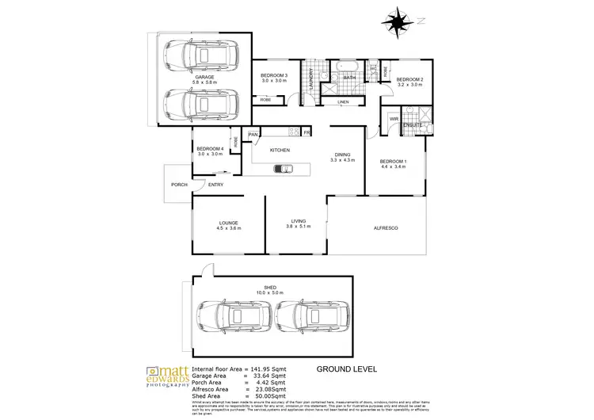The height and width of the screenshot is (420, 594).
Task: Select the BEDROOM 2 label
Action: [x=410, y=80]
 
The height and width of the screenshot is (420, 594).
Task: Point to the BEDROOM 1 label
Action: [x=393, y=161]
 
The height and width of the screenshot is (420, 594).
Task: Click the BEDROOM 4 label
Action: [x=210, y=149]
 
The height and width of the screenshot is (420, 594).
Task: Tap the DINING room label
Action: [x=343, y=155]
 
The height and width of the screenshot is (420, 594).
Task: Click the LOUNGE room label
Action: [x=229, y=223]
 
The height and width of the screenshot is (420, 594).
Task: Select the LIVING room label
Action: [x=298, y=222]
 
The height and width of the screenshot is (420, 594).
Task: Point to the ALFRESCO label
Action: [x=386, y=228]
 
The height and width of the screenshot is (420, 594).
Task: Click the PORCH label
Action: [x=178, y=185]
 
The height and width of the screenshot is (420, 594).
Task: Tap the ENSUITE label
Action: [x=412, y=125]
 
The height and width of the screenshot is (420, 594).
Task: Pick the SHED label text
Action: [x=269, y=288]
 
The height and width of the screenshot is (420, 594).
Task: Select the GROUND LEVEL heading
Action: [x=346, y=369]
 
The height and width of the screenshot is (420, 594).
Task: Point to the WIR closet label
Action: [x=393, y=119]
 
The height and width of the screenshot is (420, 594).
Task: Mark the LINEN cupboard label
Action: [x=342, y=102]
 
